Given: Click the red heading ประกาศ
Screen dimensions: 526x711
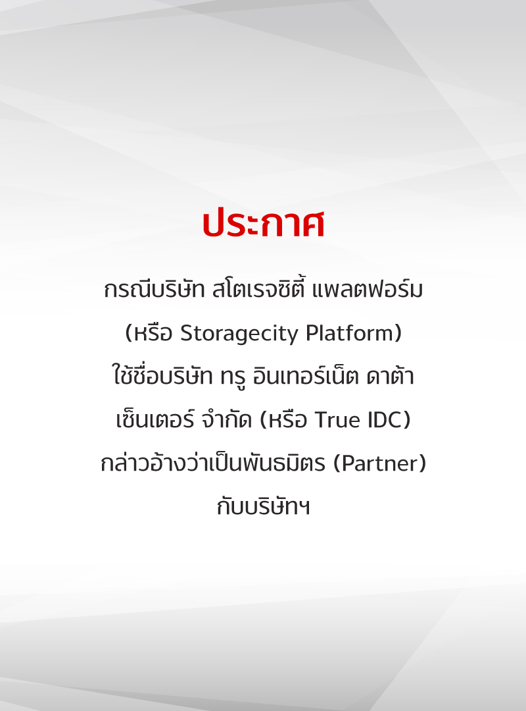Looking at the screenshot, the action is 263,224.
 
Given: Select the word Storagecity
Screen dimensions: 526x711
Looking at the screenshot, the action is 239,334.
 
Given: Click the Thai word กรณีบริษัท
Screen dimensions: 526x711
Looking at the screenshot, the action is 154,289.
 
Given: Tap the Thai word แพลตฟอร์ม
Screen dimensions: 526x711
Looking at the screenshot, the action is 368,288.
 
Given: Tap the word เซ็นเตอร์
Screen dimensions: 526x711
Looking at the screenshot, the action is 155,418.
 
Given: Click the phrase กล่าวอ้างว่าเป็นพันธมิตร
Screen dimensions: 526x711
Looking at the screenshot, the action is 213,462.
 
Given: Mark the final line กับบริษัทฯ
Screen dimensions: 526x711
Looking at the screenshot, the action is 263,506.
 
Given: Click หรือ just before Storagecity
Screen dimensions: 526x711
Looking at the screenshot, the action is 153,333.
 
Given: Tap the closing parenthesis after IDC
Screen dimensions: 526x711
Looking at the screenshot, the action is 406,420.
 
